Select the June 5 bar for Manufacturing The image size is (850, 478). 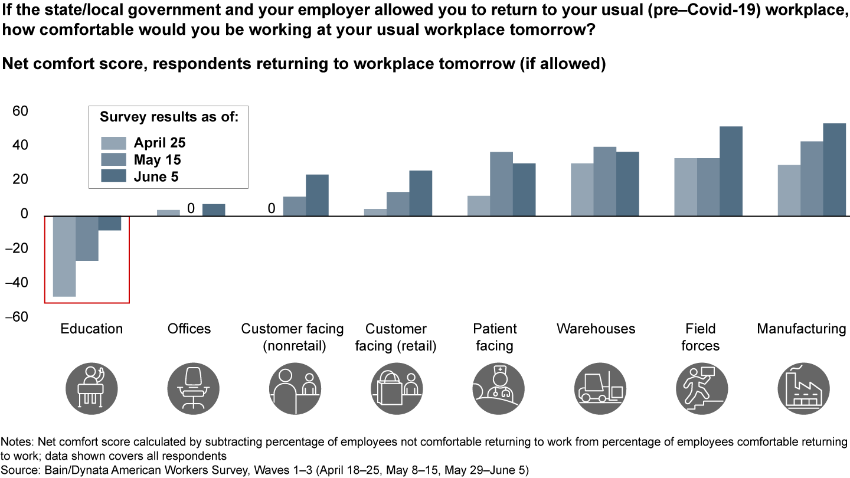[835, 169]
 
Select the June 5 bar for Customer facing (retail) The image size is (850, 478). [420, 192]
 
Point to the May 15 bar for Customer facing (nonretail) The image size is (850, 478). [295, 205]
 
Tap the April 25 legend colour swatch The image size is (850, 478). [114, 143]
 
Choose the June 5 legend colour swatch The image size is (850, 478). [114, 176]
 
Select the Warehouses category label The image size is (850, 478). [596, 329]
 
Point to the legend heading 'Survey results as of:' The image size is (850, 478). [169, 117]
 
